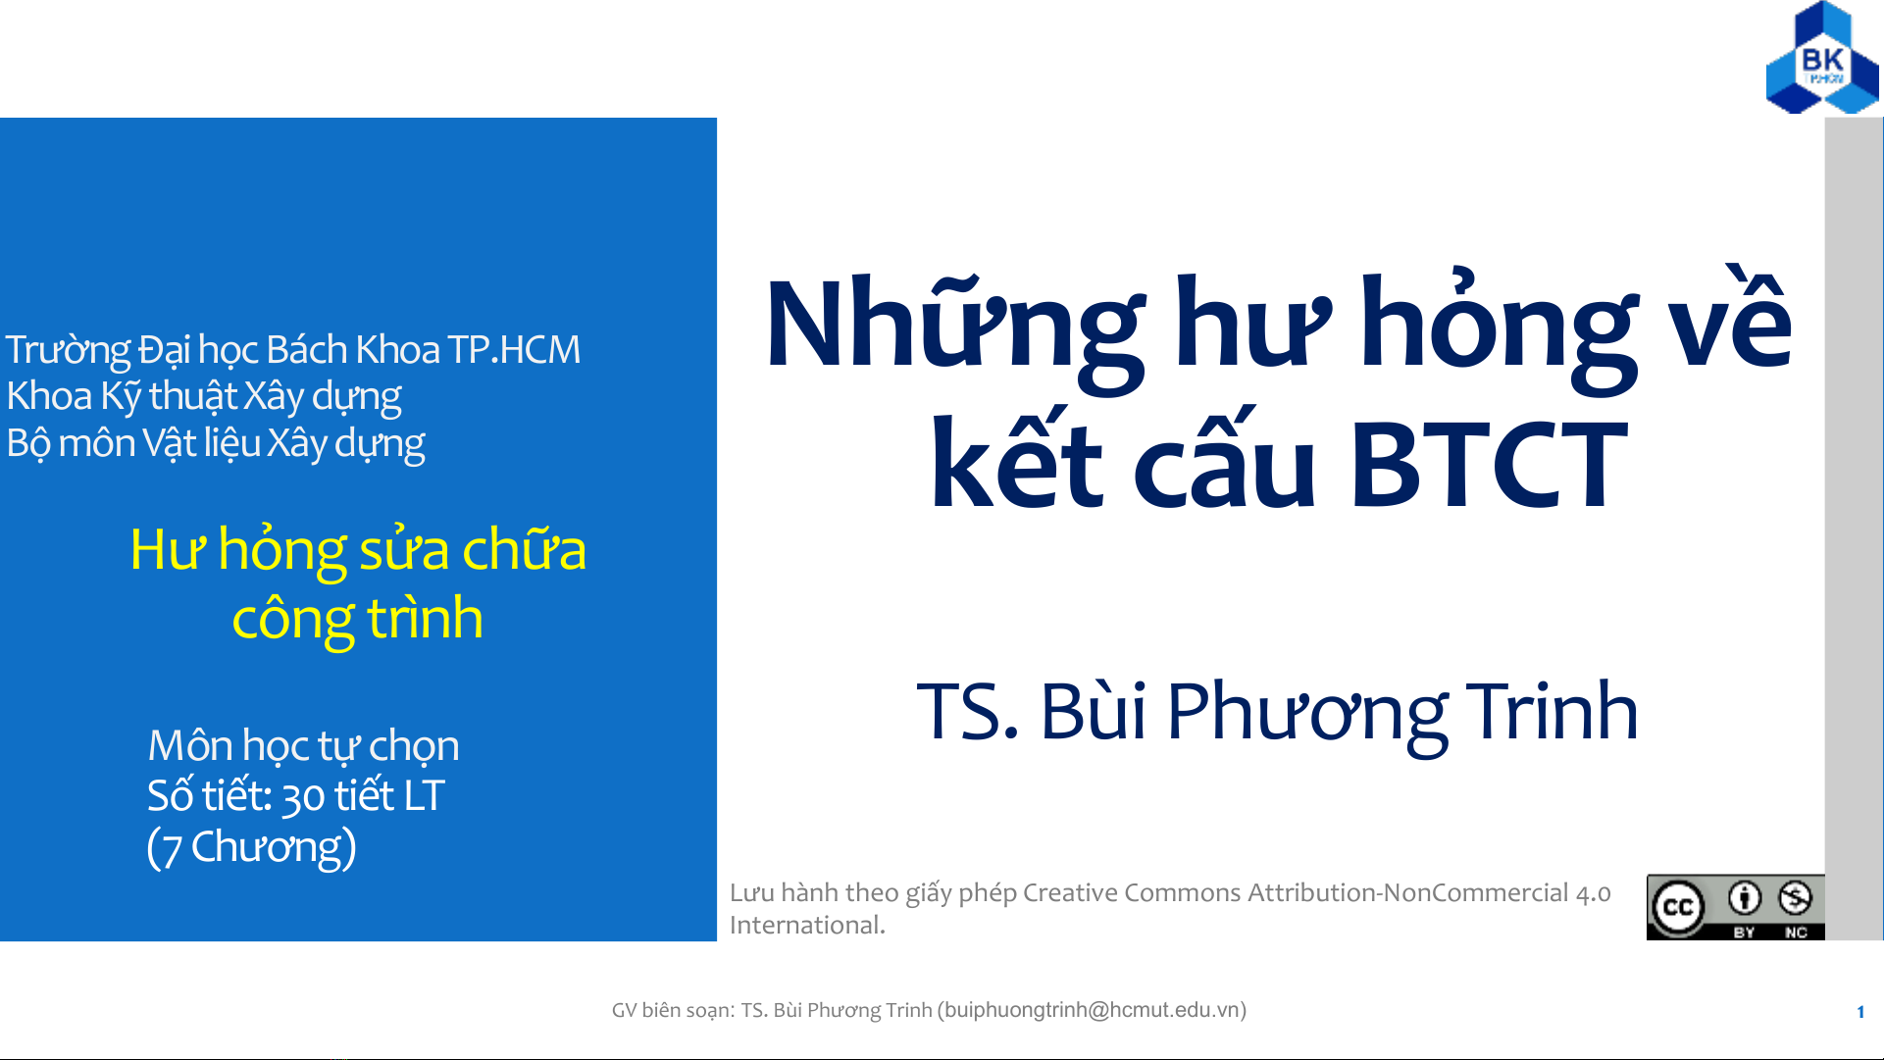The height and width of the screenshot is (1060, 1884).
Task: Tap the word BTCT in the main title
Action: (x=1489, y=465)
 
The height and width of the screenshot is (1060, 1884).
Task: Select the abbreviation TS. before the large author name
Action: (x=967, y=711)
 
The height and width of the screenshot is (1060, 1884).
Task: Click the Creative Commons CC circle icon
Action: (x=1677, y=907)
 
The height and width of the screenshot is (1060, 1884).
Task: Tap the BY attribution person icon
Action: (x=1744, y=897)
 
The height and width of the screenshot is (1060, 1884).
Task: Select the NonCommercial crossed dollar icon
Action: (x=1795, y=897)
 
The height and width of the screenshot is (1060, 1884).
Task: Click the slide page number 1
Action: (x=1860, y=1012)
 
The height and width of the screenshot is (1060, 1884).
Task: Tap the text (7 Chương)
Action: (x=251, y=847)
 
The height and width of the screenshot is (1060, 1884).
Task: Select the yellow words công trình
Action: (x=358, y=619)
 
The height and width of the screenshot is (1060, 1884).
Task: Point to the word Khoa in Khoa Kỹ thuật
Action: (x=49, y=396)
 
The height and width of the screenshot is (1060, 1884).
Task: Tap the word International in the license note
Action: (x=807, y=925)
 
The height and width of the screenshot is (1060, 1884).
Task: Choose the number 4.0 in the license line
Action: (x=1593, y=893)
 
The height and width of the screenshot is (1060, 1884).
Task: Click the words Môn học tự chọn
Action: (x=303, y=746)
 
